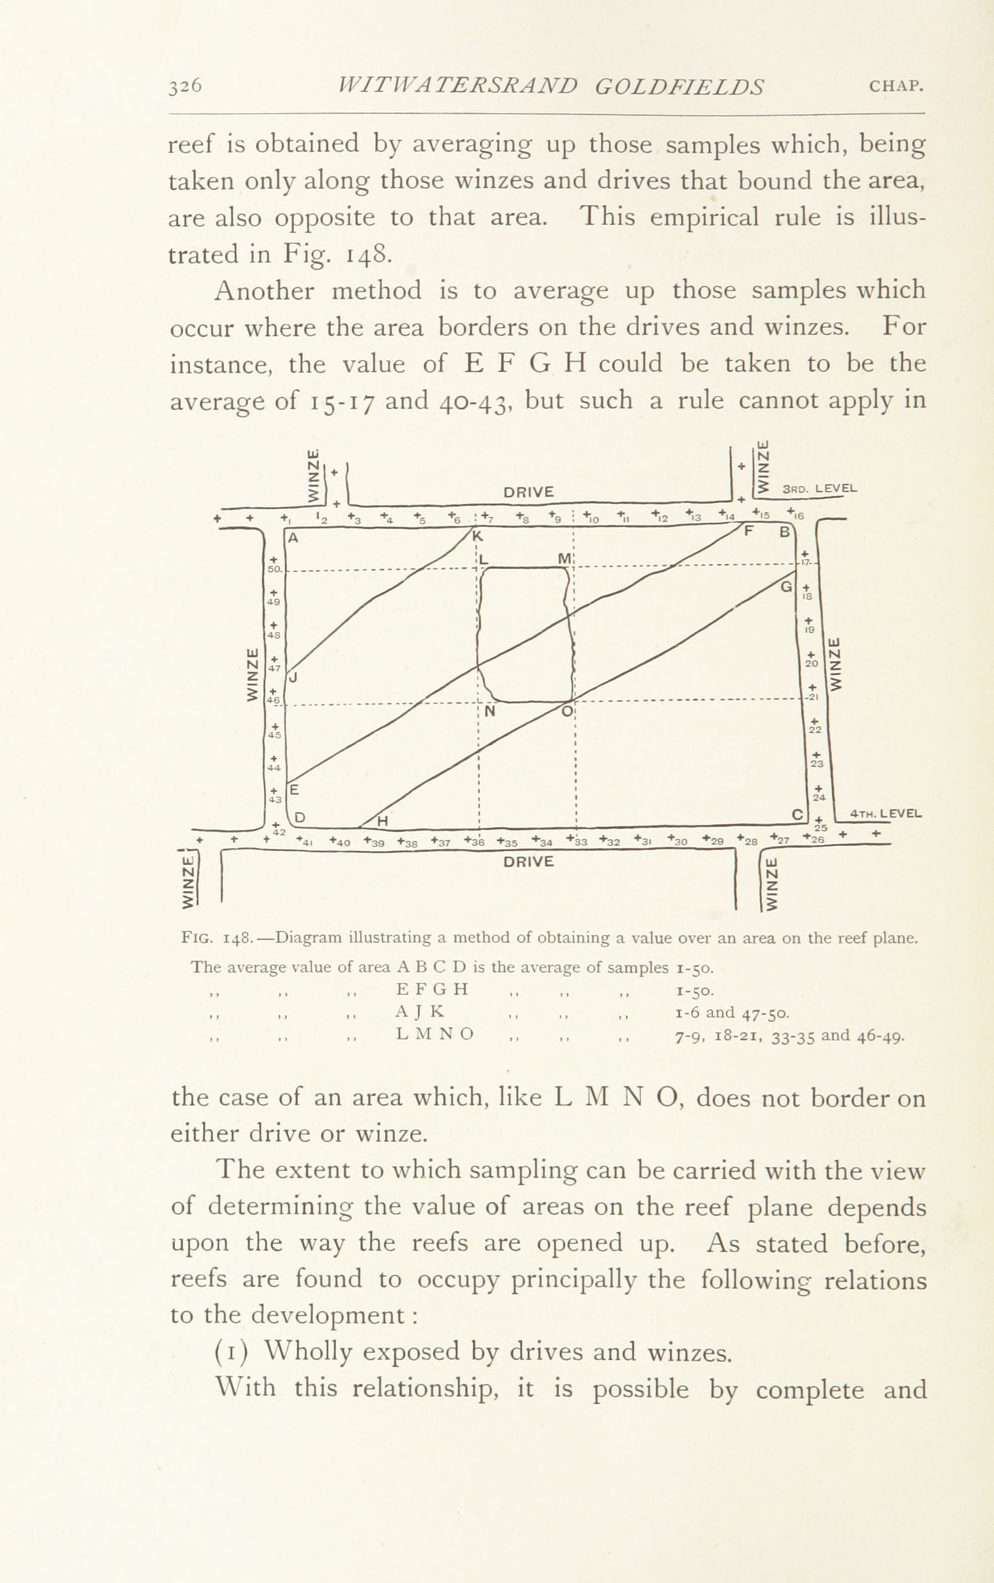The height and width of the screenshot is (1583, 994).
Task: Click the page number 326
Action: tap(185, 86)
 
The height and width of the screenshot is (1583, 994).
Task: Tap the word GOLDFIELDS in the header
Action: tap(679, 87)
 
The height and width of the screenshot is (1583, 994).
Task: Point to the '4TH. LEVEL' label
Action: tap(886, 814)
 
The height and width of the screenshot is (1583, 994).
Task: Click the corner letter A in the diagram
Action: tap(293, 537)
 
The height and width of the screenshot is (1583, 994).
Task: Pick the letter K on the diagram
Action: tap(478, 536)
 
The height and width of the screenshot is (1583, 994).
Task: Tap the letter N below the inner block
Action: tap(489, 711)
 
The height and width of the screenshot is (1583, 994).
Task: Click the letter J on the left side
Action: tap(293, 677)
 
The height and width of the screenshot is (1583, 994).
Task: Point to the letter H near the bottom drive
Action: tap(382, 821)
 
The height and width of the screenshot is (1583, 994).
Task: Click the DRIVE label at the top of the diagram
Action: tap(529, 492)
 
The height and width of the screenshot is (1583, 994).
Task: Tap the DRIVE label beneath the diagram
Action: tap(529, 862)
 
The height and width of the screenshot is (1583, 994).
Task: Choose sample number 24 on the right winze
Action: tap(819, 798)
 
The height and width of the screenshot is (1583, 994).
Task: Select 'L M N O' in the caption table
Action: tap(435, 1034)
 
